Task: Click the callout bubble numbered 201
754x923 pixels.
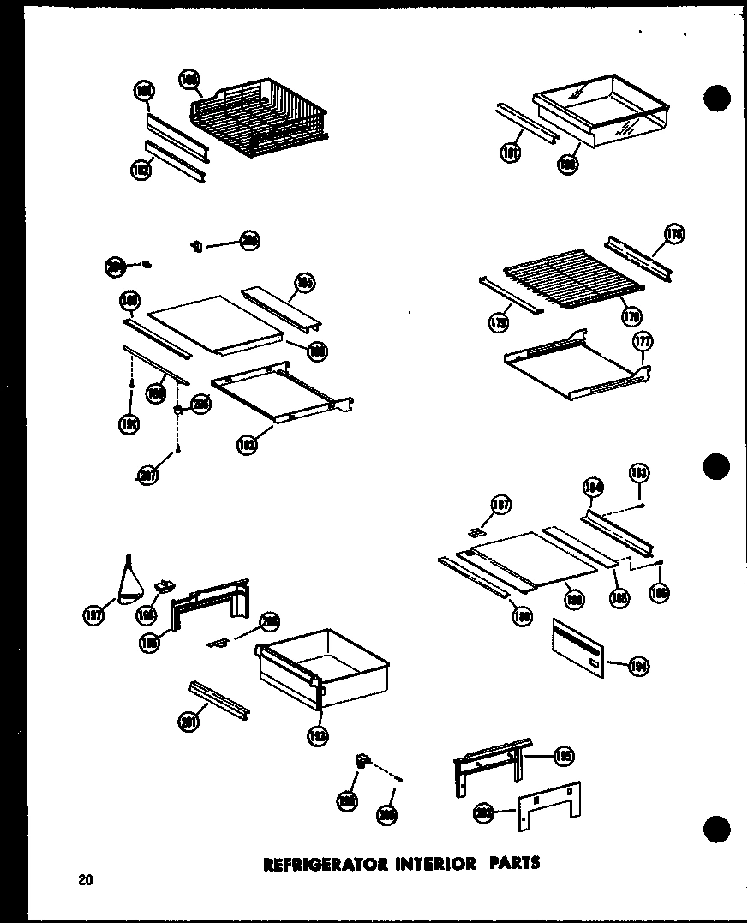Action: (x=189, y=722)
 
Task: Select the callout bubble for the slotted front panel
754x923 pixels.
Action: (x=638, y=666)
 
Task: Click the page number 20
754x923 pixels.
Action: (x=84, y=879)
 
